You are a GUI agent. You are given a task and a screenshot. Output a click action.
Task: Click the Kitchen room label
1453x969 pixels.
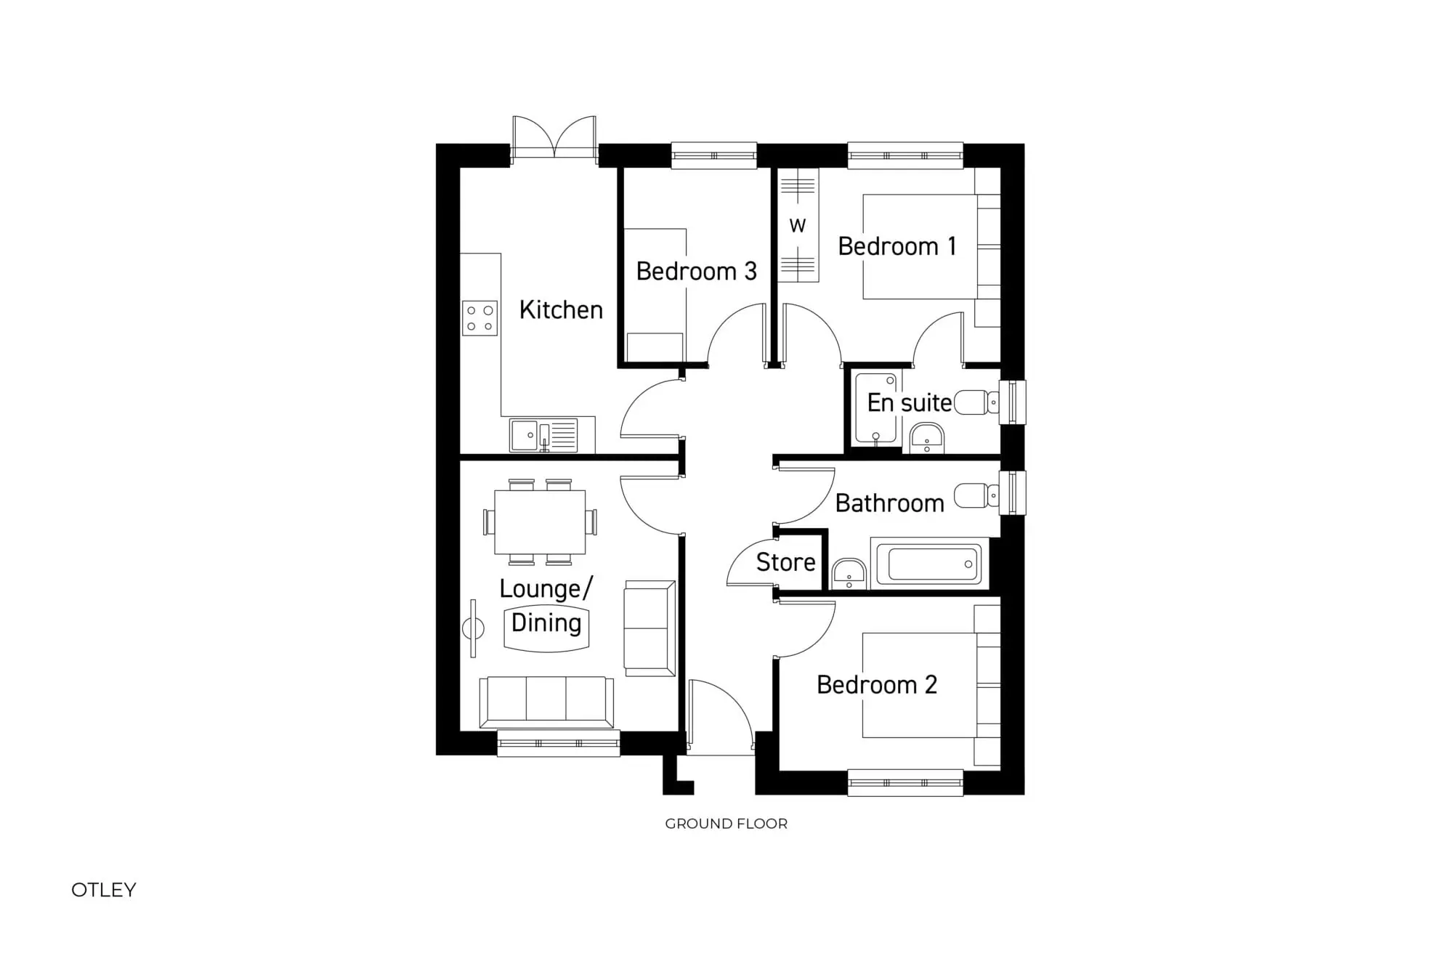coord(561,310)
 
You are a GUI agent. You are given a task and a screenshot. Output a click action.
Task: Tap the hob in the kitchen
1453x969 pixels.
coord(479,318)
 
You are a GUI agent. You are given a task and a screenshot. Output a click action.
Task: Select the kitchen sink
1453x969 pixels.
coord(525,435)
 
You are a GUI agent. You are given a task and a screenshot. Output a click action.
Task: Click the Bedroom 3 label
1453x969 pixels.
coord(696,272)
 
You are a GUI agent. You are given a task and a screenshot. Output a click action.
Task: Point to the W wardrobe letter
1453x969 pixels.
coord(798,226)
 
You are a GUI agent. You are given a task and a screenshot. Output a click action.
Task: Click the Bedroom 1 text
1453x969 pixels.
coord(897,247)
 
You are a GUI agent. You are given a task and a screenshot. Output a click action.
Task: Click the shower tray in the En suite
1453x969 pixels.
coord(875,408)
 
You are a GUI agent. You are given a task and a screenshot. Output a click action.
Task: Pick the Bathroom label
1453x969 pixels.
coord(889,503)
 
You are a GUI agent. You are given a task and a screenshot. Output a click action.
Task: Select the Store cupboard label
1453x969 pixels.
coord(785,562)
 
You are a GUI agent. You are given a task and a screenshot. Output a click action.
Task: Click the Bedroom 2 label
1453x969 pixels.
coord(876,685)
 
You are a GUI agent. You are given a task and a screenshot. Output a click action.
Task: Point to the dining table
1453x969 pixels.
coord(540,522)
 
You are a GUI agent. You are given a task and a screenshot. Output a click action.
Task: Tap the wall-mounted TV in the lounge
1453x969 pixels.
coord(474,628)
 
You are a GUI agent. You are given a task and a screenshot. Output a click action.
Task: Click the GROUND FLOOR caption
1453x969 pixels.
coord(726,824)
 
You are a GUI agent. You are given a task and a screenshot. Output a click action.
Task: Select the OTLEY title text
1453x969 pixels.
coord(104,890)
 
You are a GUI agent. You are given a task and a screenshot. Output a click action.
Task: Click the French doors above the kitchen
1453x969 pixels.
coord(554,138)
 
